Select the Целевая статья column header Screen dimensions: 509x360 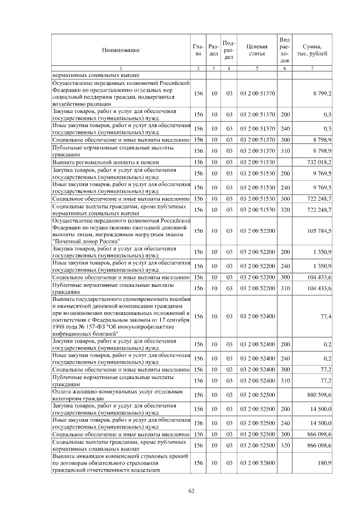256,49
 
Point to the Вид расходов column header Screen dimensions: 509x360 285,49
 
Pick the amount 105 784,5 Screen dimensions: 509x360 318,231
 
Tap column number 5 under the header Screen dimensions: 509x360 256,68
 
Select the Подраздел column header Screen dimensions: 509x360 229,49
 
